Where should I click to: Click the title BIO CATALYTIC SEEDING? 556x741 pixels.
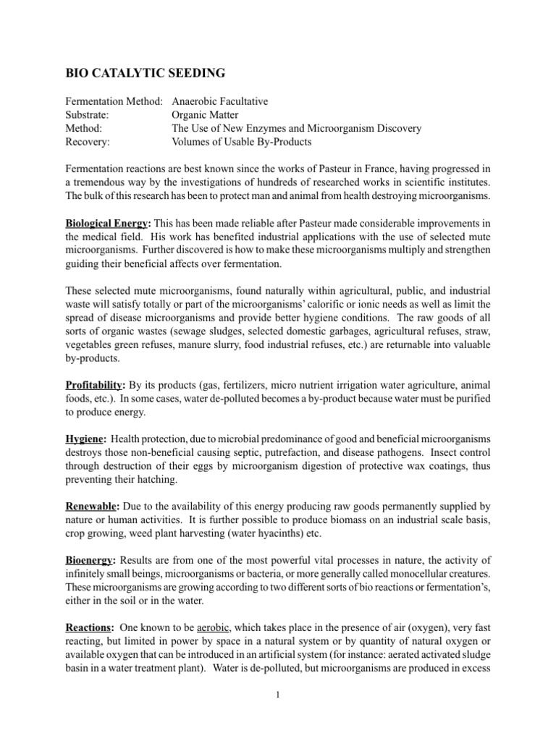145,72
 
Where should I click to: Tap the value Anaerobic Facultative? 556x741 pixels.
220,101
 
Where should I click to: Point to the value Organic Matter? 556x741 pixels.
204,115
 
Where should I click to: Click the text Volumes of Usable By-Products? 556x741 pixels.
241,142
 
